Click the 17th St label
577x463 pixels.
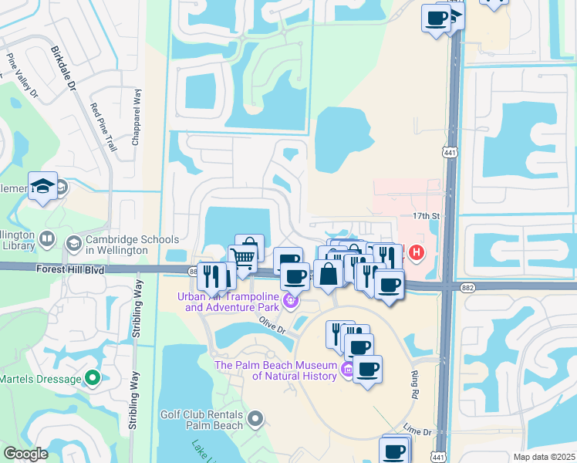(425, 216)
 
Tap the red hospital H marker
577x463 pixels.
(417, 252)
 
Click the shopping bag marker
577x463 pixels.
(328, 274)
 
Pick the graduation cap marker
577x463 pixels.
(43, 186)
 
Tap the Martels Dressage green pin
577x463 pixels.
(93, 378)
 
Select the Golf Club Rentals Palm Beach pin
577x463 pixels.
(256, 419)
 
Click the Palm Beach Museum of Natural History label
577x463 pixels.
(275, 370)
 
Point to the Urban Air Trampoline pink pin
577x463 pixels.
(291, 301)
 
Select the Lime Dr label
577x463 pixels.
(415, 431)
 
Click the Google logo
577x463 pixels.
(25, 454)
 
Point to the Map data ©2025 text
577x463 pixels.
(544, 457)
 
